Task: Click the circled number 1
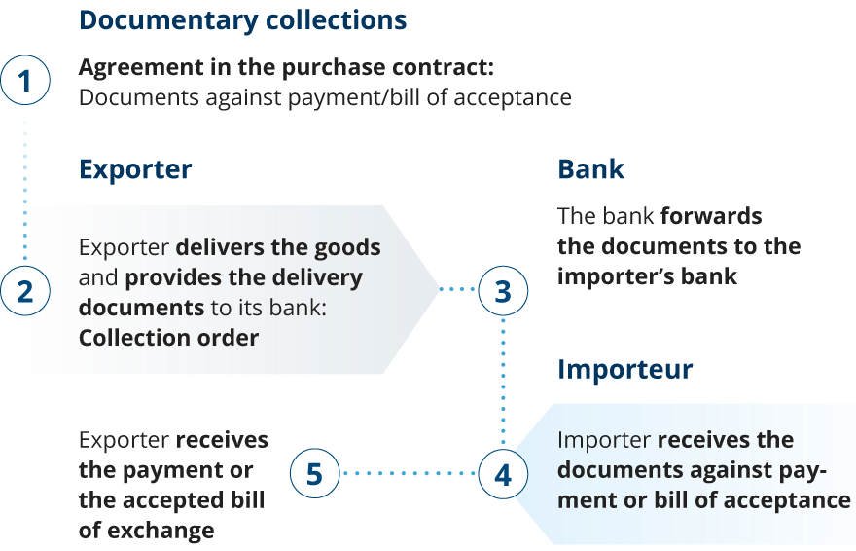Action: point(24,82)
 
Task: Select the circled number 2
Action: point(24,291)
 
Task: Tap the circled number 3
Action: point(503,291)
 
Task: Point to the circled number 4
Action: point(503,475)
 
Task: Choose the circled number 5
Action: point(314,475)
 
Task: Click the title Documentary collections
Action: point(242,20)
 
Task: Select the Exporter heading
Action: point(135,169)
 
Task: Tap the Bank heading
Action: point(590,169)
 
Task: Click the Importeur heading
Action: point(624,370)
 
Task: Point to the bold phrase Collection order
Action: point(168,338)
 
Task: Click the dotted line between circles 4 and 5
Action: point(409,475)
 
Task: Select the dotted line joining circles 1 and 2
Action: point(24,185)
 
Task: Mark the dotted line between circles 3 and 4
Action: point(503,383)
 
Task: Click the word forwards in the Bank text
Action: point(710,215)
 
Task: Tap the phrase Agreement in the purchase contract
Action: point(285,69)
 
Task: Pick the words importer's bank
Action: point(647,276)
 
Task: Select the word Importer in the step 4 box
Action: point(604,440)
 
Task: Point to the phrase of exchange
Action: point(146,531)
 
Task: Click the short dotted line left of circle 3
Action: point(458,290)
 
